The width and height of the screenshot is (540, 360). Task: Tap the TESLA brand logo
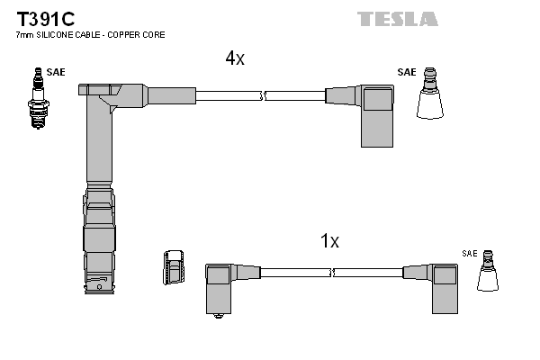pyautogui.click(x=397, y=18)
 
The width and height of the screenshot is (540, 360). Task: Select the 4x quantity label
pyautogui.click(x=235, y=58)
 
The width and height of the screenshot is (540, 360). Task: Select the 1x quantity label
pyautogui.click(x=329, y=241)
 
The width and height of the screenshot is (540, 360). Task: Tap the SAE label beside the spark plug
pyautogui.click(x=56, y=72)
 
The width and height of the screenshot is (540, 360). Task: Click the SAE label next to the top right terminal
pyautogui.click(x=407, y=72)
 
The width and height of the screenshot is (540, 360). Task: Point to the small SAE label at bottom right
pyautogui.click(x=470, y=254)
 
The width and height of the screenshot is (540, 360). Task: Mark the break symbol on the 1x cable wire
pyautogui.click(x=332, y=273)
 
